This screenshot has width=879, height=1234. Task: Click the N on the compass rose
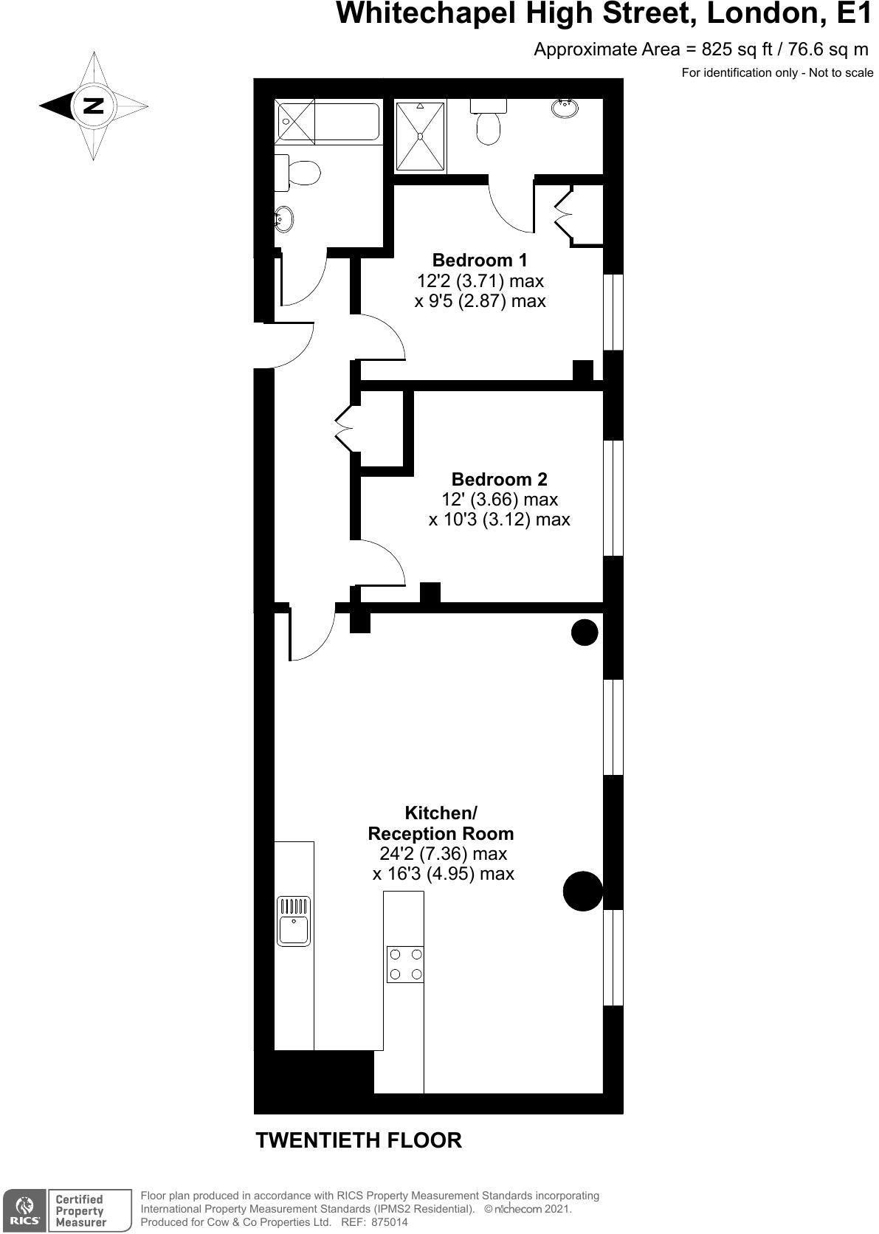(94, 106)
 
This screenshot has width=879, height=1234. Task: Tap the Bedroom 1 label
(479, 260)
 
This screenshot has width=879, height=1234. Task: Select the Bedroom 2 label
(499, 479)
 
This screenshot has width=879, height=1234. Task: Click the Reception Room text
(441, 833)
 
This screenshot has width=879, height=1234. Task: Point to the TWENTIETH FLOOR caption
(359, 1140)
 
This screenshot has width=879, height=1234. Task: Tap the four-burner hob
(405, 964)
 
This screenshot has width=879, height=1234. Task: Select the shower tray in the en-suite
(420, 136)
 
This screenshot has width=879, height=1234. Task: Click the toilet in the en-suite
(488, 121)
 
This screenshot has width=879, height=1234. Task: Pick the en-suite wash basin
(565, 108)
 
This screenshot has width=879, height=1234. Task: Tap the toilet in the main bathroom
(297, 173)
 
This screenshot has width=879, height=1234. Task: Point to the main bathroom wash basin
(284, 220)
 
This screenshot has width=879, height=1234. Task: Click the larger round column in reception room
(583, 891)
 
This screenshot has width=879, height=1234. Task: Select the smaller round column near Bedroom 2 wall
(585, 632)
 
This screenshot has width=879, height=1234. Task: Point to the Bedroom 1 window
(613, 311)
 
